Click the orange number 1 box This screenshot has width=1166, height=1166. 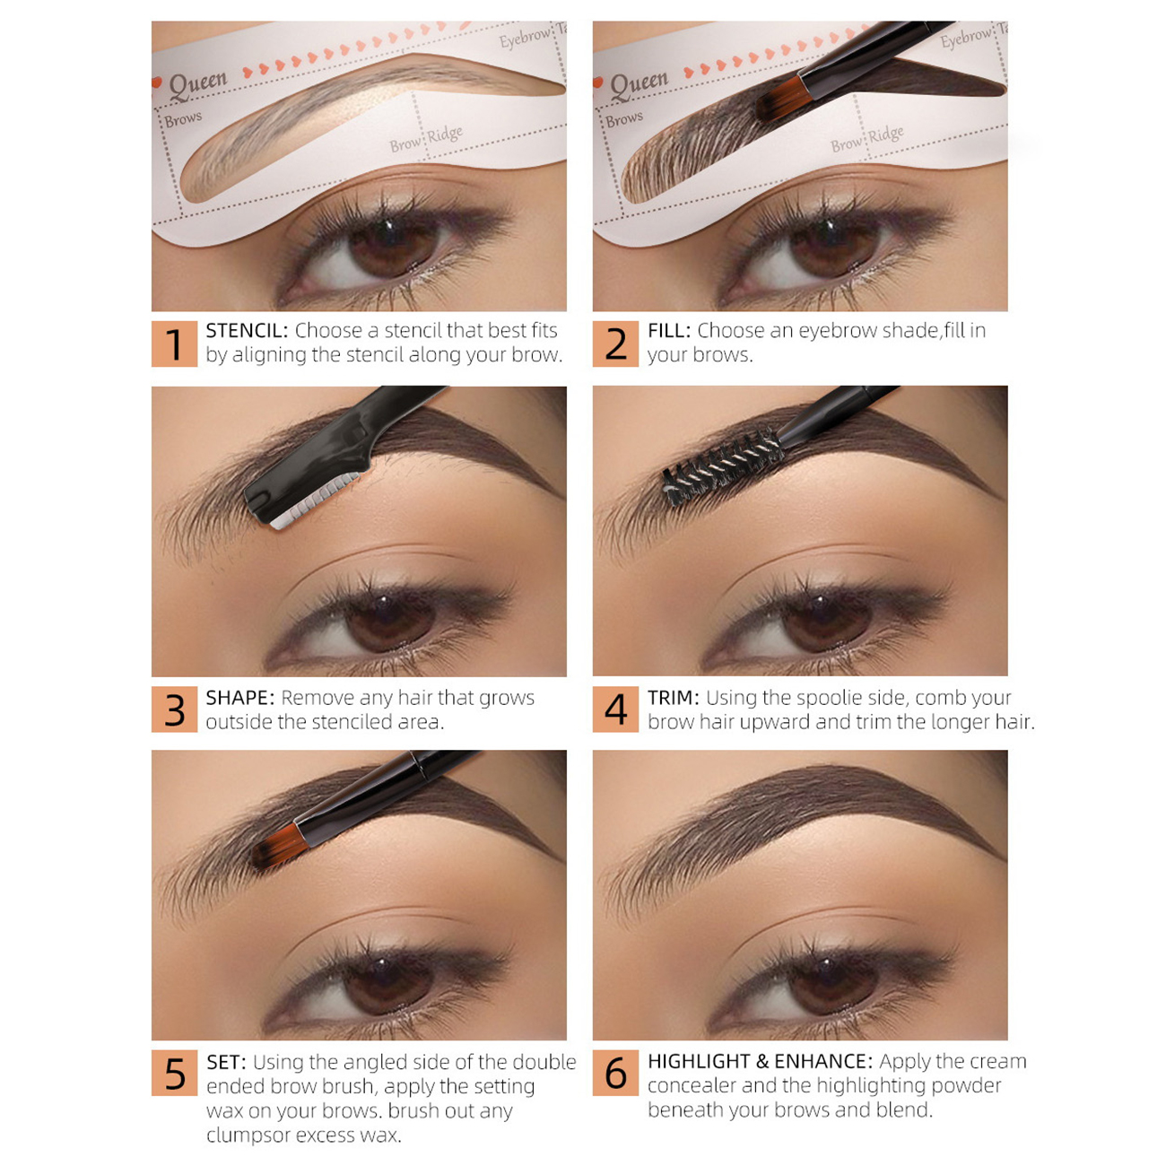click(174, 344)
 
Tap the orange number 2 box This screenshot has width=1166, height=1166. click(615, 344)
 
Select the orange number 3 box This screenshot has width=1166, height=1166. click(174, 709)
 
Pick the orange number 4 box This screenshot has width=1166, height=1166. click(615, 709)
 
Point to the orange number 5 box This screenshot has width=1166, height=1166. click(174, 1073)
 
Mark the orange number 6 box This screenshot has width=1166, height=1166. click(615, 1073)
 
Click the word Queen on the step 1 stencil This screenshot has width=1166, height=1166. click(198, 85)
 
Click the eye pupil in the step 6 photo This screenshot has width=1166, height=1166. click(832, 984)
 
